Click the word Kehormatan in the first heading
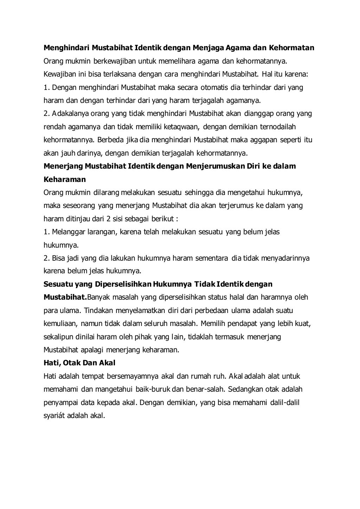coord(291,47)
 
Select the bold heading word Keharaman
coord(65,180)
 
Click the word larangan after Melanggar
coord(105,232)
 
